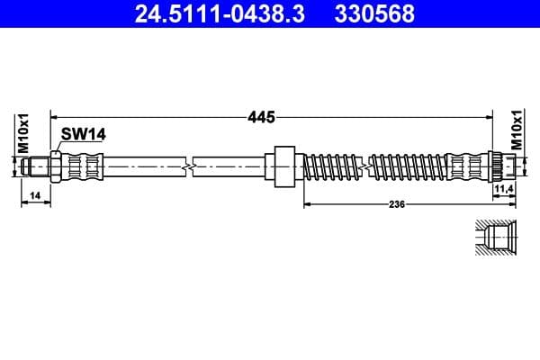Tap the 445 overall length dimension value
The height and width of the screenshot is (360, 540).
262,117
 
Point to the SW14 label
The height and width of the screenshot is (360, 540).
83,134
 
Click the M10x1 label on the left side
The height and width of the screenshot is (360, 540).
25,132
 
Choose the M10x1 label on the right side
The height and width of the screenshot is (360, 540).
517,130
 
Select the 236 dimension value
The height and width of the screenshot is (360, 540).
397,204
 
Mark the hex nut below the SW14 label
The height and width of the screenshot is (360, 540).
57,166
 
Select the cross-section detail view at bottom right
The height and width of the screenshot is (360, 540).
494,239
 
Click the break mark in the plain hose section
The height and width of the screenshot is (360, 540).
188,166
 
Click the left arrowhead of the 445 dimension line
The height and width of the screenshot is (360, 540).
55,116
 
